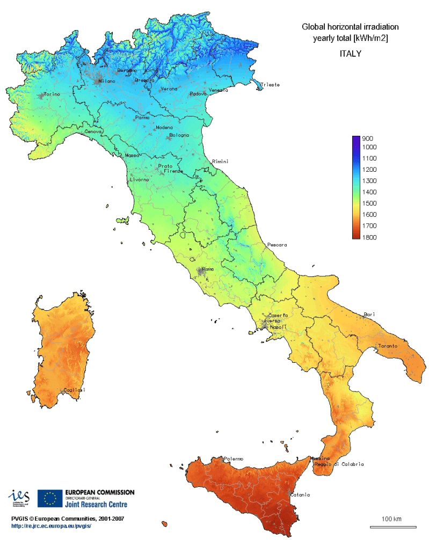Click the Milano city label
(106, 81)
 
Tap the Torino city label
(52, 94)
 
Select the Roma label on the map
(208, 269)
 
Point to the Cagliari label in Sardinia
(74, 390)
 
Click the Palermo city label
(234, 458)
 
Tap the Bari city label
(369, 314)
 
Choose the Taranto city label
(388, 346)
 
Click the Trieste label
(270, 85)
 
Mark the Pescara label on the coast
(277, 245)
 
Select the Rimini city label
(220, 162)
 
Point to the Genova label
(94, 132)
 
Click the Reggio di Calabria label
(341, 464)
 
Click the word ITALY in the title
(350, 54)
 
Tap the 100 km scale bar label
(391, 519)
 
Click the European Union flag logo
(50, 499)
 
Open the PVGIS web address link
(55, 526)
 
